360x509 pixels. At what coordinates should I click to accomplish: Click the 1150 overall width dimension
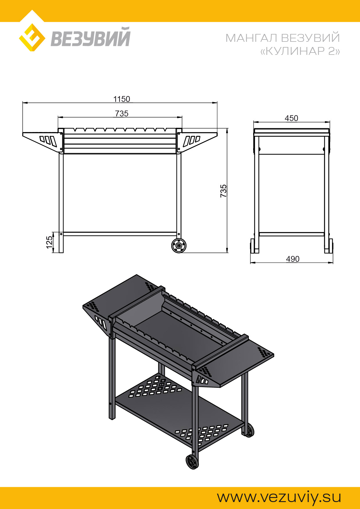pos(122,99)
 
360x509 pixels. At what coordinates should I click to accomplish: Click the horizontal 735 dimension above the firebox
pos(122,113)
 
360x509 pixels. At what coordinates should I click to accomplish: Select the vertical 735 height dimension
pos(223,191)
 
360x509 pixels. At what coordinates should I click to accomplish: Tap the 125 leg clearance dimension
pos(49,242)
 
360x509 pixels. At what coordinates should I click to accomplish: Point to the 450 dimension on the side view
pos(291,118)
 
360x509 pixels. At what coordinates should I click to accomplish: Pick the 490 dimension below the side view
pos(293,259)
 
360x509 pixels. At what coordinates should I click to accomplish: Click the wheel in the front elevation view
pos(179,246)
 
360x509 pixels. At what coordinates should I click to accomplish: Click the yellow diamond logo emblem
pos(32,38)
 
